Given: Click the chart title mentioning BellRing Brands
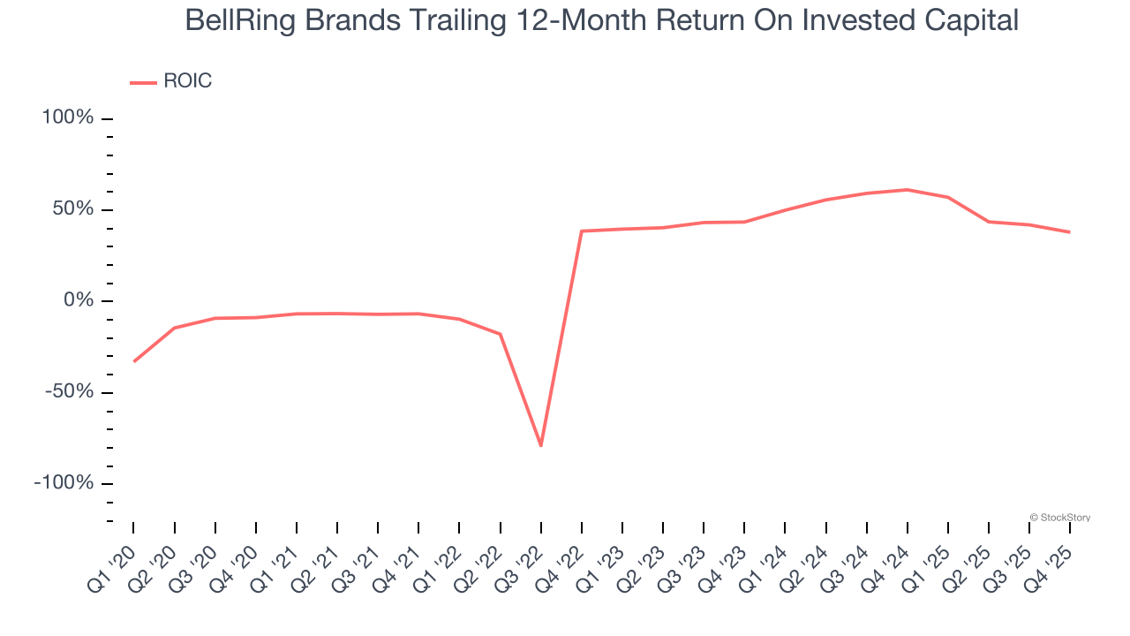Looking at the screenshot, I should pyautogui.click(x=601, y=20).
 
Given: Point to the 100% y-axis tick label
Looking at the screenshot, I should pyautogui.click(x=67, y=117).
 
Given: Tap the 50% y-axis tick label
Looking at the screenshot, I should pyautogui.click(x=72, y=209).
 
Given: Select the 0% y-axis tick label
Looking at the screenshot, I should pyautogui.click(x=77, y=300).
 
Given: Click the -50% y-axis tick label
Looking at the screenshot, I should pyautogui.click(x=68, y=391).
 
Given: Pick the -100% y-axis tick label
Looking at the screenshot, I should pyautogui.click(x=64, y=482).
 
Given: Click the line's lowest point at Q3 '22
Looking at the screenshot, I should pyautogui.click(x=540, y=445).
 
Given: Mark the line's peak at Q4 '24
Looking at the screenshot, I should pyautogui.click(x=907, y=189).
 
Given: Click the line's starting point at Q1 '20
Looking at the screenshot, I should pyautogui.click(x=133, y=361).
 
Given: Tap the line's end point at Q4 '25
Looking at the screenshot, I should pyautogui.click(x=1069, y=232).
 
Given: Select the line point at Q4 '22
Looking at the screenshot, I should pyautogui.click(x=582, y=231).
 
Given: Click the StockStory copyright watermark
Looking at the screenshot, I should pyautogui.click(x=1059, y=518).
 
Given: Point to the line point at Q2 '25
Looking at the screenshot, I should pyautogui.click(x=989, y=222).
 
